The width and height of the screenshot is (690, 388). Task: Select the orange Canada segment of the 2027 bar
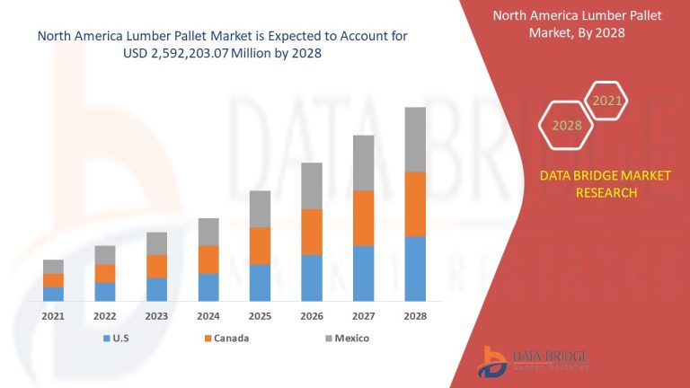[x=363, y=217]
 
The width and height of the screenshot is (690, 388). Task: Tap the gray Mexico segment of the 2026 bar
[x=311, y=186]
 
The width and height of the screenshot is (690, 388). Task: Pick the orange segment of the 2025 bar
[x=260, y=245]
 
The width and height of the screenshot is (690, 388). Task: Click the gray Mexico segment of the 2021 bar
[x=53, y=267]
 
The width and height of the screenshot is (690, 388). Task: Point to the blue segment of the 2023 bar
[x=156, y=289]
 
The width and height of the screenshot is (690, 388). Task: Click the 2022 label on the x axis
[x=105, y=316]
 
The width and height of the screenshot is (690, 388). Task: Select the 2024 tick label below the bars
[x=208, y=316]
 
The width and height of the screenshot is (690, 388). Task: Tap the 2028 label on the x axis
[x=414, y=316]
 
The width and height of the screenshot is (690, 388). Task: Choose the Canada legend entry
[x=226, y=339]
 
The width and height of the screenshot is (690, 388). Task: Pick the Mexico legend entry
[x=345, y=339]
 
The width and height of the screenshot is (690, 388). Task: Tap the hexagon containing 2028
[x=566, y=126]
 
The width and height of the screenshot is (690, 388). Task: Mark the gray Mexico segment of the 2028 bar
[x=414, y=139]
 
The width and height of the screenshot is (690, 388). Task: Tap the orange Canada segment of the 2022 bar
[x=105, y=273]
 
